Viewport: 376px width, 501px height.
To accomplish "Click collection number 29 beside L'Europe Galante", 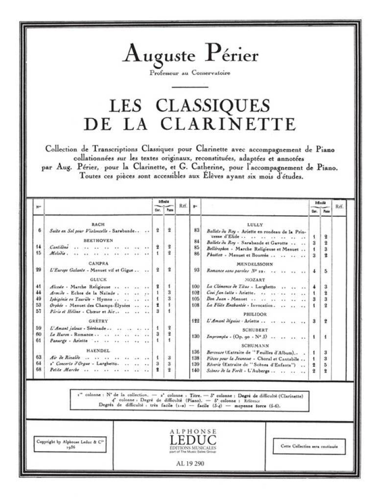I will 38,270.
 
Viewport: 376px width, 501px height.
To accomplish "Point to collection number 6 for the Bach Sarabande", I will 38,230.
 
